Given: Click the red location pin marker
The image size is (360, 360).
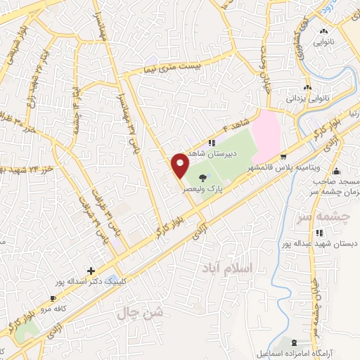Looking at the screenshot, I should point(181,165).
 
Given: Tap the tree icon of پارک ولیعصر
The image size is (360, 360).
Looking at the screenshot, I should point(203,178).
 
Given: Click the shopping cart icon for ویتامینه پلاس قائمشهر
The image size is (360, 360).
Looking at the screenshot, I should point(283,156).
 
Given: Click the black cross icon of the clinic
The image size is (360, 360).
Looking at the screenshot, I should point(91,271).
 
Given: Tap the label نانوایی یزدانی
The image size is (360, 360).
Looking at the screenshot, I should point(307,98).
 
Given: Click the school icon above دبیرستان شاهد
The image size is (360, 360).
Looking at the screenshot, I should point(212,141).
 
